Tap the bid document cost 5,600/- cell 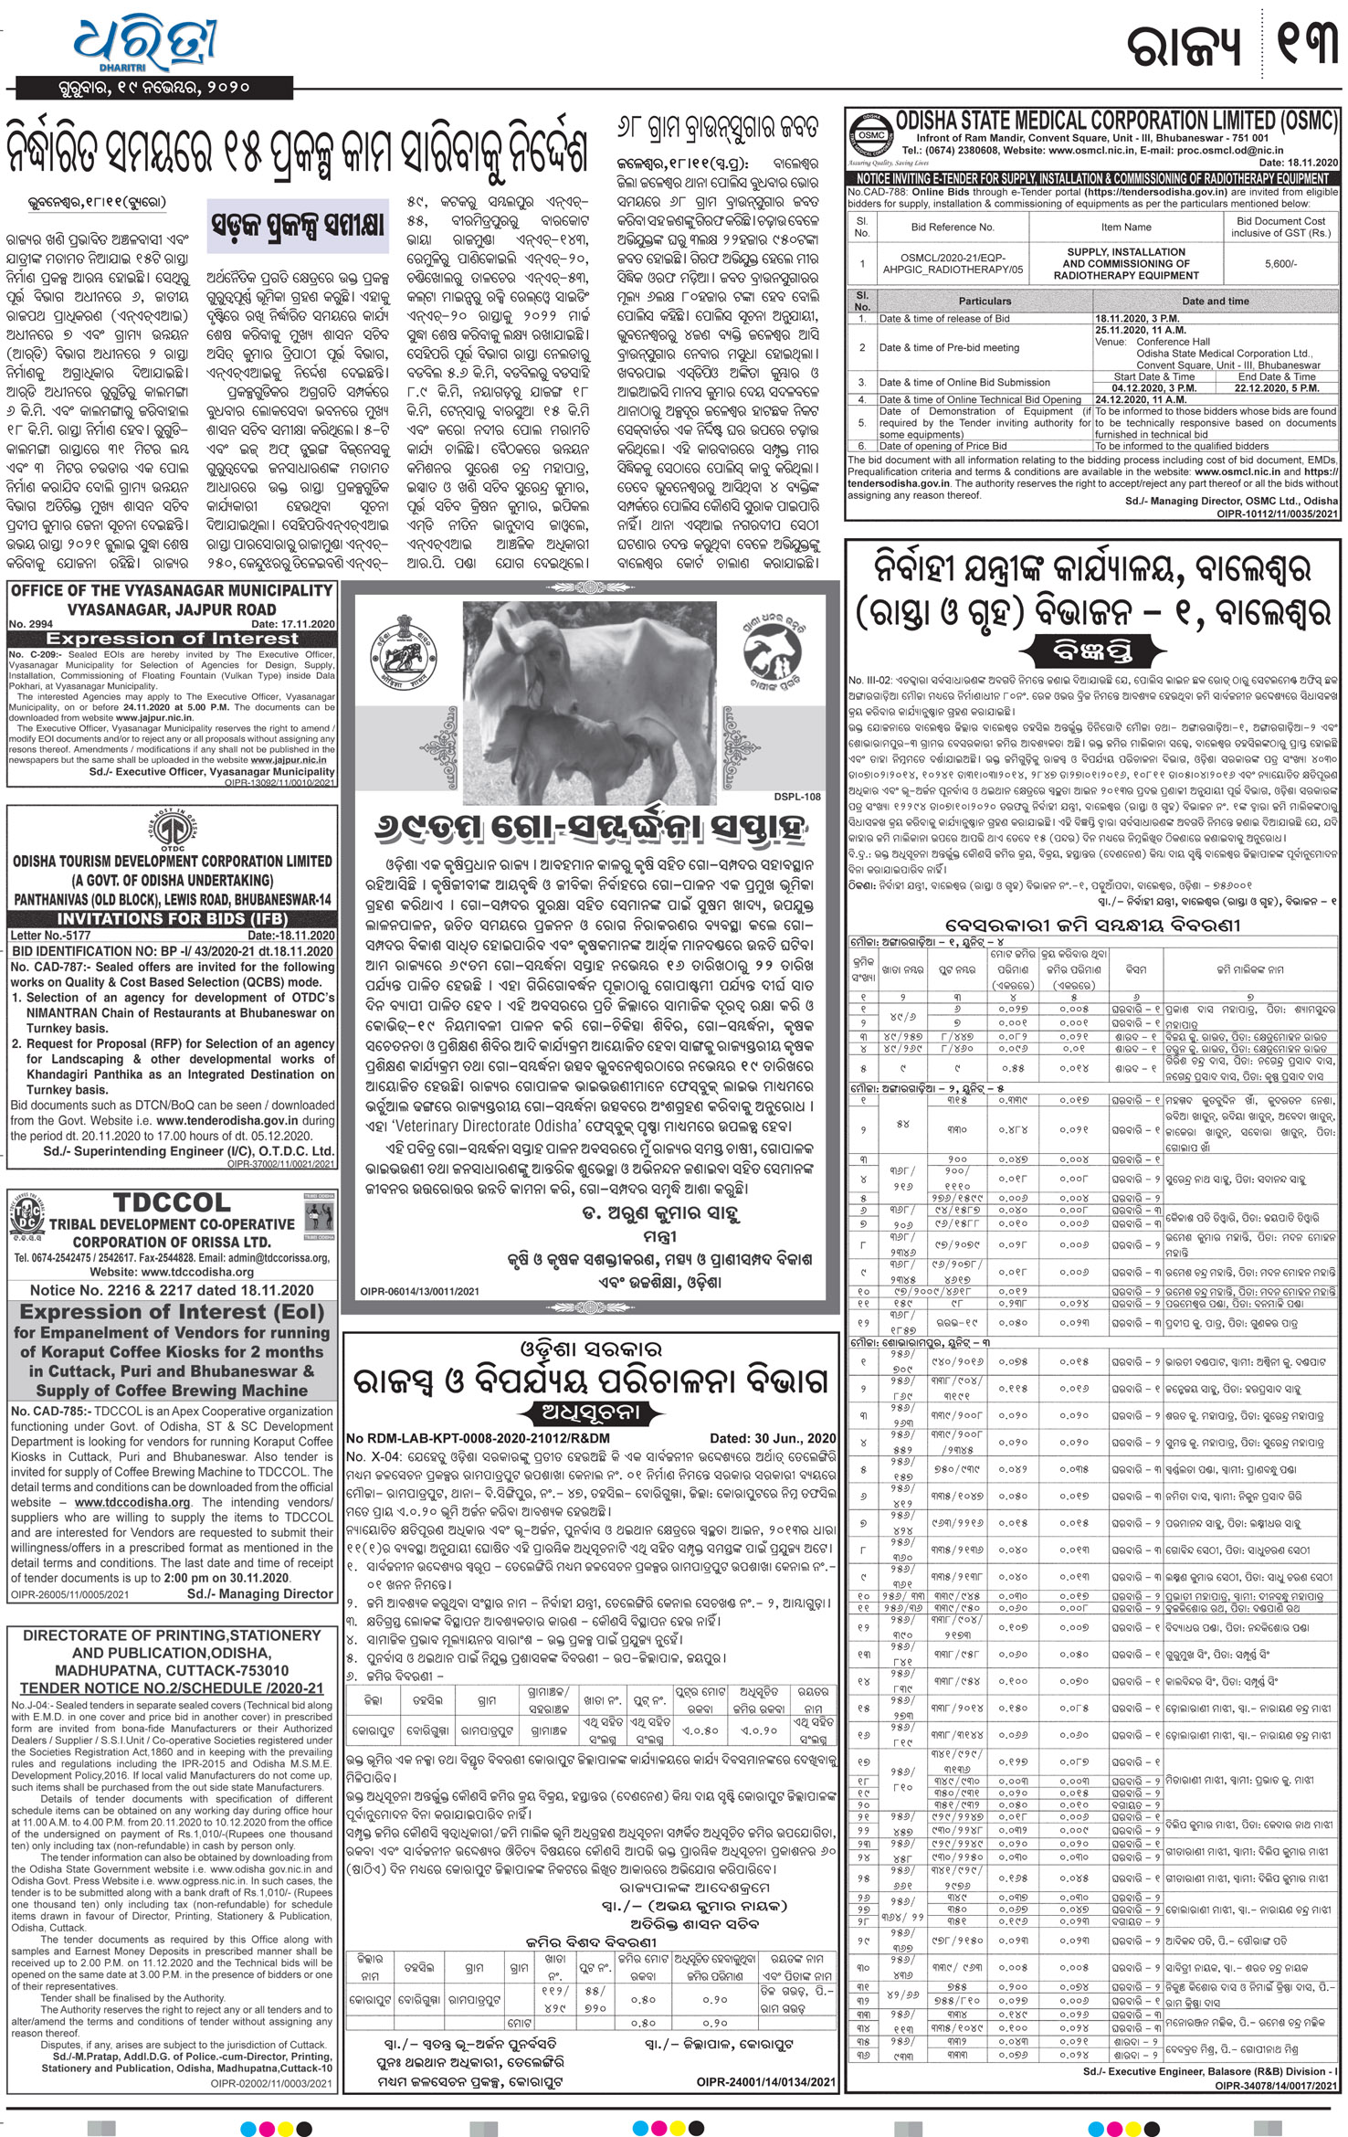point(1280,263)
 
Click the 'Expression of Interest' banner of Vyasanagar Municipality point(172,639)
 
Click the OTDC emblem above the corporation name point(172,830)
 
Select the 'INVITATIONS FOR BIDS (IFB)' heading point(172,919)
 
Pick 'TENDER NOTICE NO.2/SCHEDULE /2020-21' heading point(172,1688)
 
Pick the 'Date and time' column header point(1215,301)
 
